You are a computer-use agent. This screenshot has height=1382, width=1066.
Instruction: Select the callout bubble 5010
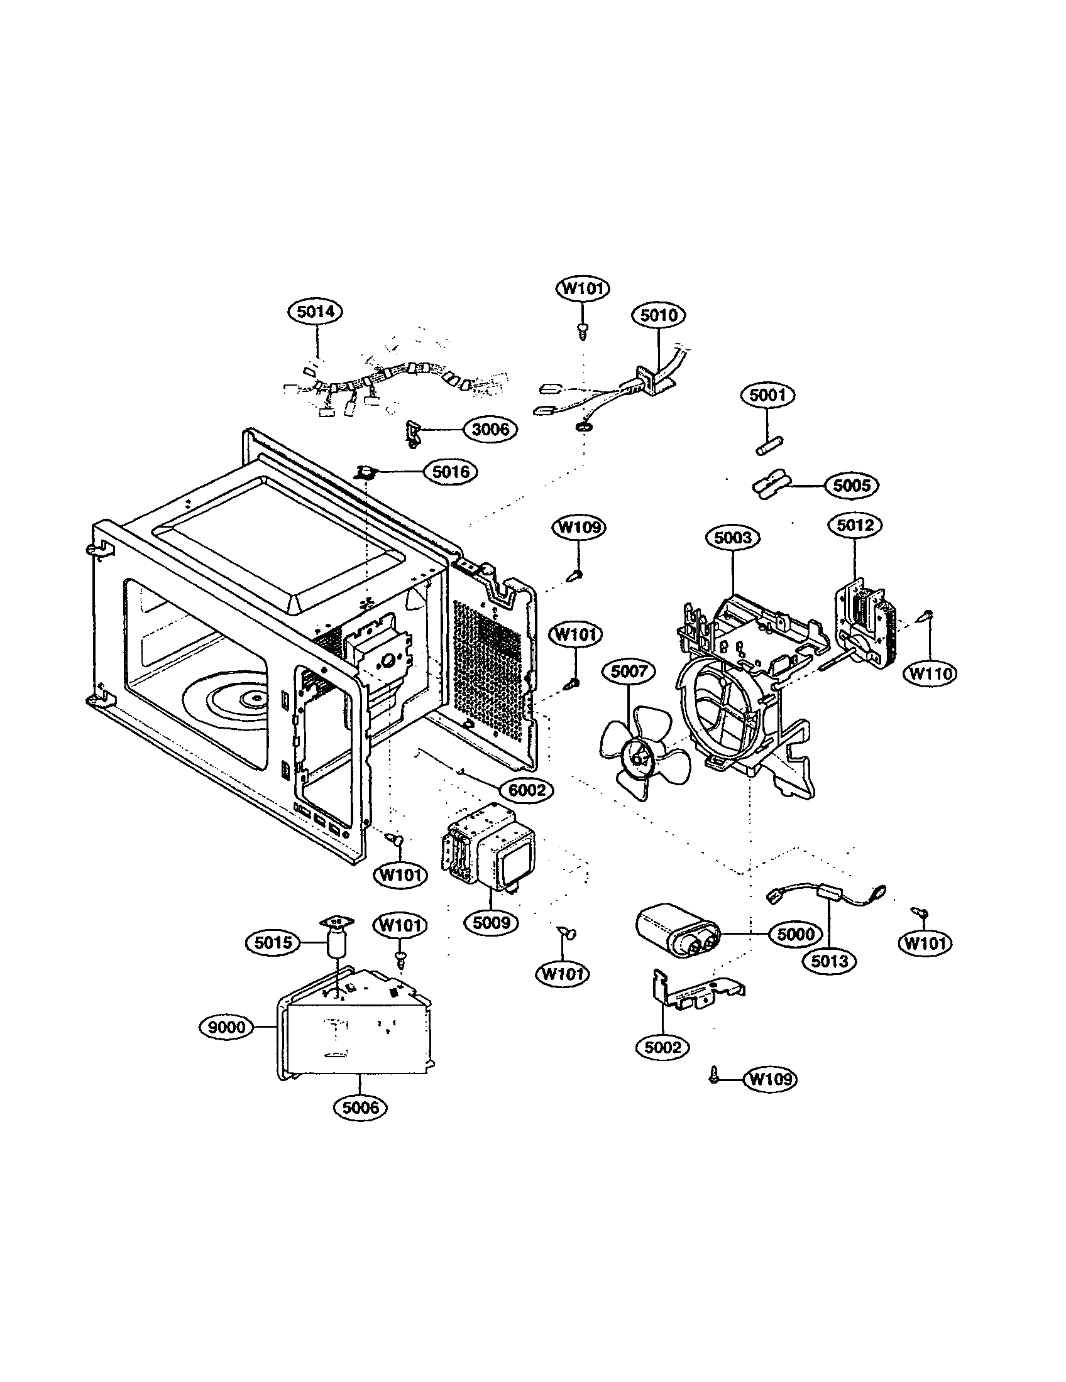659,315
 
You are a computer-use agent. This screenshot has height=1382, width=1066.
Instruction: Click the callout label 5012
855,525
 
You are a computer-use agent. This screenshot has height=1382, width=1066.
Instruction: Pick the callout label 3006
491,430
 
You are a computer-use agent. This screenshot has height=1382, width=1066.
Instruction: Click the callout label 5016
451,471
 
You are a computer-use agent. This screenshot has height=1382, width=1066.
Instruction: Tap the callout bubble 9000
226,1026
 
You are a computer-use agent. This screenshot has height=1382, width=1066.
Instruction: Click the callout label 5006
360,1107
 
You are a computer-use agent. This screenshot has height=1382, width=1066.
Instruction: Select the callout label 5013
829,961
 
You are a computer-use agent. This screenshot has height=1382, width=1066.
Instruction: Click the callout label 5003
733,538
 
